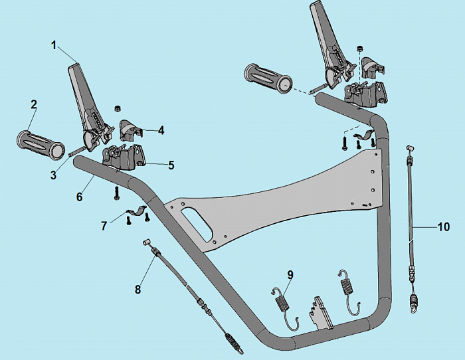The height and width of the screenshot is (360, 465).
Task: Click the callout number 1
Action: tap(55, 45)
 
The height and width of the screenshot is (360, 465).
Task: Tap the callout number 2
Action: tap(33, 105)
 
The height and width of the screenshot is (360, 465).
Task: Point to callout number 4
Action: tap(161, 131)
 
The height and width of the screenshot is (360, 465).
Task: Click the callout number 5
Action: tap(171, 165)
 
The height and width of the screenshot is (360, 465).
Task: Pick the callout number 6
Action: tap(80, 197)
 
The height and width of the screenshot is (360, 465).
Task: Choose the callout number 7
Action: tap(104, 226)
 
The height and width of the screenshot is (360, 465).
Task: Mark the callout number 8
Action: tap(138, 289)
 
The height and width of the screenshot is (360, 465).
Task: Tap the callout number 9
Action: tap(290, 274)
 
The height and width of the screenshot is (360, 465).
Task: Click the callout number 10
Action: tap(443, 226)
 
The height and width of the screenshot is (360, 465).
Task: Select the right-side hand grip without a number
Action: tap(268, 77)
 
